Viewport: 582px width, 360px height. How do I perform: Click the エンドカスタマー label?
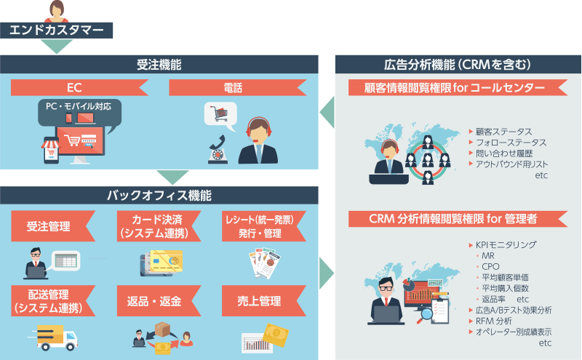57,30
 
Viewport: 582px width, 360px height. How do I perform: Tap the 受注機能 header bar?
159,65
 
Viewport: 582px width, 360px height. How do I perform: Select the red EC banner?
74,88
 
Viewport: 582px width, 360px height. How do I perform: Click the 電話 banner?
233,88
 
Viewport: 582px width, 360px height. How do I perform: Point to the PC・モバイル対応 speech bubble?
79,106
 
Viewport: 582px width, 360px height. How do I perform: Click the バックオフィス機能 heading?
159,196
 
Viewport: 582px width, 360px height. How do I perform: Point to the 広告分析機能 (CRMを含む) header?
458,65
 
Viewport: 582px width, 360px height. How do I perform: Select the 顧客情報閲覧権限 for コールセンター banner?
456,88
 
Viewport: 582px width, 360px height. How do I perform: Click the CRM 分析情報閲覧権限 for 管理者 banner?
456,219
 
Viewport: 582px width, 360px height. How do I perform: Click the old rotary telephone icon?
216,149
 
